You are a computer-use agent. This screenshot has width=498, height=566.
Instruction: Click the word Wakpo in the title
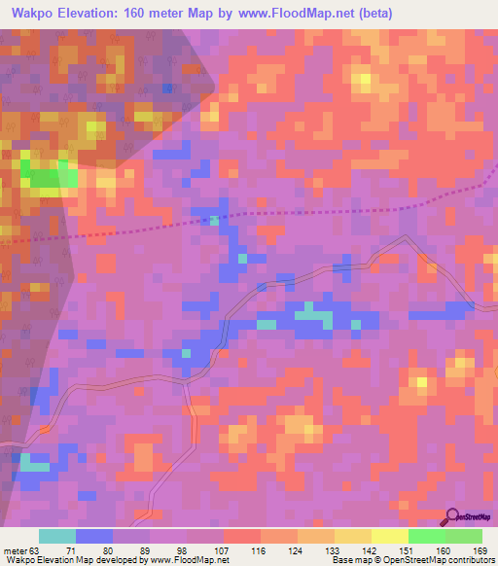[30, 15]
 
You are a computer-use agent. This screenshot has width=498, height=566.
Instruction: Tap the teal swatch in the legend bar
[57, 536]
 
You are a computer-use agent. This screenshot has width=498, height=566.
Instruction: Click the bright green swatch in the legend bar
[425, 536]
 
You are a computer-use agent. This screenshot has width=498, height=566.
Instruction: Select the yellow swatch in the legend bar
[388, 536]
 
